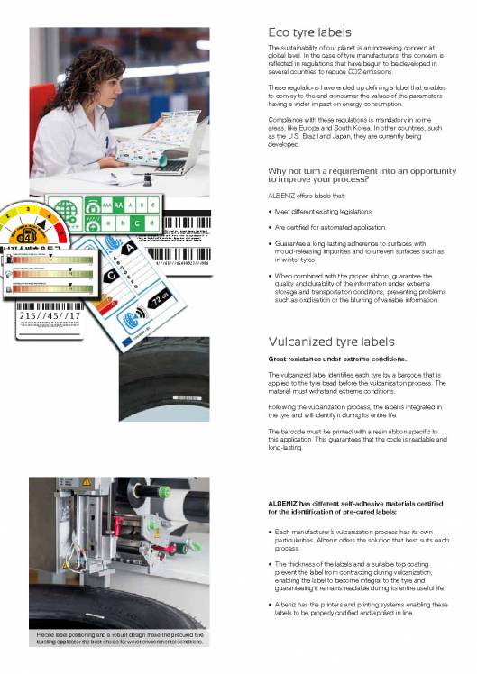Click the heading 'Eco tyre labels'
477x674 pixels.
[x=309, y=32]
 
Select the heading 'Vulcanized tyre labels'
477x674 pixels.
[x=331, y=342]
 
